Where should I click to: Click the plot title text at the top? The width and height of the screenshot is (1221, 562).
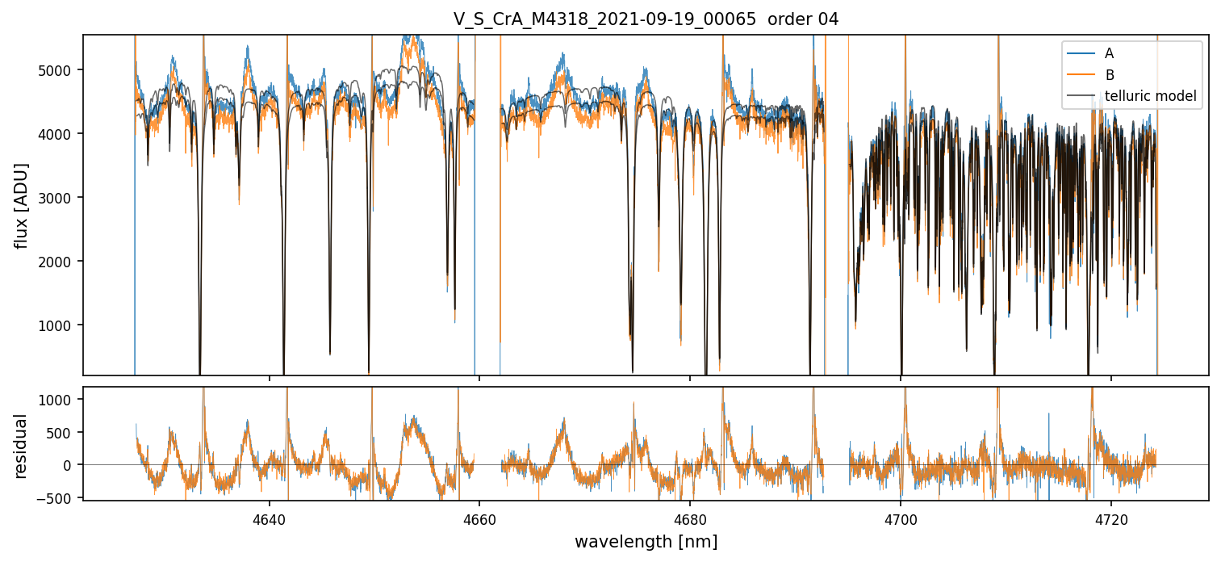click(646, 19)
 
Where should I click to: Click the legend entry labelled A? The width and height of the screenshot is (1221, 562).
click(1109, 53)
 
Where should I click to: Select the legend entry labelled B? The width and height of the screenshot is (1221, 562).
click(1109, 75)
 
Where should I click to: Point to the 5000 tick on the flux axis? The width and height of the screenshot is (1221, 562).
click(59, 70)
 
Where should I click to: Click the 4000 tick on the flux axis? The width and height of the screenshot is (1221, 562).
click(59, 134)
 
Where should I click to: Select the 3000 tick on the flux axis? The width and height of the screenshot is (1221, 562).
click(59, 198)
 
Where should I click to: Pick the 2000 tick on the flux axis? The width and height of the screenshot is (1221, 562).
click(59, 262)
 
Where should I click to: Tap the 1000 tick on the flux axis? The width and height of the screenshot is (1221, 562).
click(59, 325)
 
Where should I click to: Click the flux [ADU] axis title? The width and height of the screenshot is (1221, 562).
click(22, 205)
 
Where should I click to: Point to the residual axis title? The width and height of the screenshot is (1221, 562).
click(22, 445)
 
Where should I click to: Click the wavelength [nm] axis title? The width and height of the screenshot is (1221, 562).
click(646, 542)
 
